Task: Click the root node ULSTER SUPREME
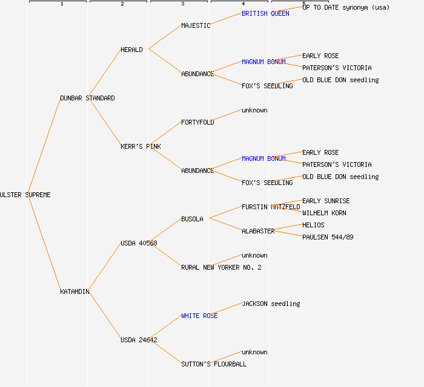25,195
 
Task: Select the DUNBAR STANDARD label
87,98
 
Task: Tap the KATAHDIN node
75,291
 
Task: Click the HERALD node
131,50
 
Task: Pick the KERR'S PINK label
141,146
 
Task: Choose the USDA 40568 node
139,243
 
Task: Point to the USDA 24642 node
139,340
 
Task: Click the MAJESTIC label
196,25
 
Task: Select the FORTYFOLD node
197,122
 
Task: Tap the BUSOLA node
192,219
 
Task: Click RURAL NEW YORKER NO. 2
221,267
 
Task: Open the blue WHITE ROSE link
199,316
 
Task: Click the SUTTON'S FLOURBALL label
214,364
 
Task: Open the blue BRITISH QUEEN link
265,13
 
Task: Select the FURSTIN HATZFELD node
271,207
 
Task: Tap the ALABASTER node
258,231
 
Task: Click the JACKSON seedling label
271,304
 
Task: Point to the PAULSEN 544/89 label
328,237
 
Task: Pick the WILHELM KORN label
324,213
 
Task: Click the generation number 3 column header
182,4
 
